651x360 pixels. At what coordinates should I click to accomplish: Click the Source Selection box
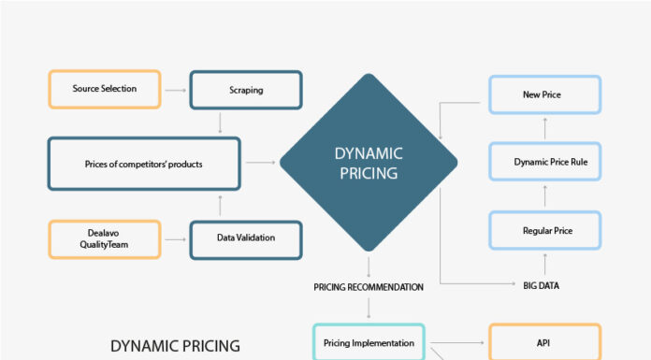pos(104,89)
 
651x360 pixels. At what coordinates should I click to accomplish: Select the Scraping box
pos(245,89)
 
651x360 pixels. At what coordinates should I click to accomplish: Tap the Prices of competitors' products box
pos(143,164)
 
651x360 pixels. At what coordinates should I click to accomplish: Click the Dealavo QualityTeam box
pos(104,238)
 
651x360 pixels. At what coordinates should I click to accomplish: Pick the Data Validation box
pos(245,238)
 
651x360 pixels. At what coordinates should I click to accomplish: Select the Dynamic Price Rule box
pos(542,162)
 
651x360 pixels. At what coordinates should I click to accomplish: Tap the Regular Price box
pos(542,229)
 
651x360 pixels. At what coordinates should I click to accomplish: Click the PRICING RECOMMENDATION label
pos(369,287)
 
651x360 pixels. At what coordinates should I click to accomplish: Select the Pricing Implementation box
pos(369,342)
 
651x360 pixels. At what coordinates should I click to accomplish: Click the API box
pos(543,342)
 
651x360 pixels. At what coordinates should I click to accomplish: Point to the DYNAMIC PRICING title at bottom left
pos(175,346)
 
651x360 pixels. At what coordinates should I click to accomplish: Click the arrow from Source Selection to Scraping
pos(176,89)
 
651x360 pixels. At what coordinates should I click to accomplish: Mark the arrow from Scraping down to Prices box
pos(219,122)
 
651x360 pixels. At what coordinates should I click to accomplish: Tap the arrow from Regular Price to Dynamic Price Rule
pos(542,195)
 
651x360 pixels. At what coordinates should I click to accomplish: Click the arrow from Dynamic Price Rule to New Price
pos(542,129)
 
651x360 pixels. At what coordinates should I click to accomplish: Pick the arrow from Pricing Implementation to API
pos(456,342)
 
